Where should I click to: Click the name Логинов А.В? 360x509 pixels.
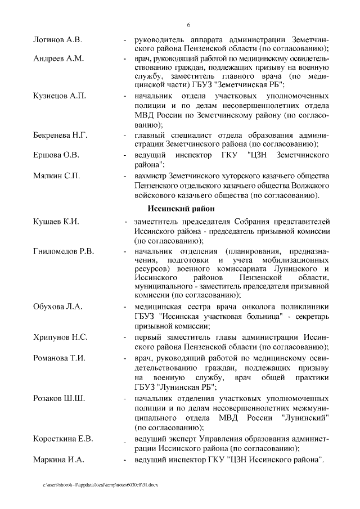point(57,40)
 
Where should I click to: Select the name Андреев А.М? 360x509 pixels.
point(58,58)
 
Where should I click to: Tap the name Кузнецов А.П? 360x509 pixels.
point(59,96)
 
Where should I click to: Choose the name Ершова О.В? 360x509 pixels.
point(56,154)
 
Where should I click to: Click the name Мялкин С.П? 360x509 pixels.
point(57,176)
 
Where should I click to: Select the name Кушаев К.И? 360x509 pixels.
point(56,222)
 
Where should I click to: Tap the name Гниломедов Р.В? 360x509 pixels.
point(63,251)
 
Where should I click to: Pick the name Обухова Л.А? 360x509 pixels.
point(57,307)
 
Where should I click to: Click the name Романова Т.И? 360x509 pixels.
point(59,357)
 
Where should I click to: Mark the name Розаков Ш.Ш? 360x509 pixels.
point(58,399)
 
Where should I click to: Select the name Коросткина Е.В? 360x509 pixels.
point(63,439)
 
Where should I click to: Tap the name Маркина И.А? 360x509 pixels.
point(58,460)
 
